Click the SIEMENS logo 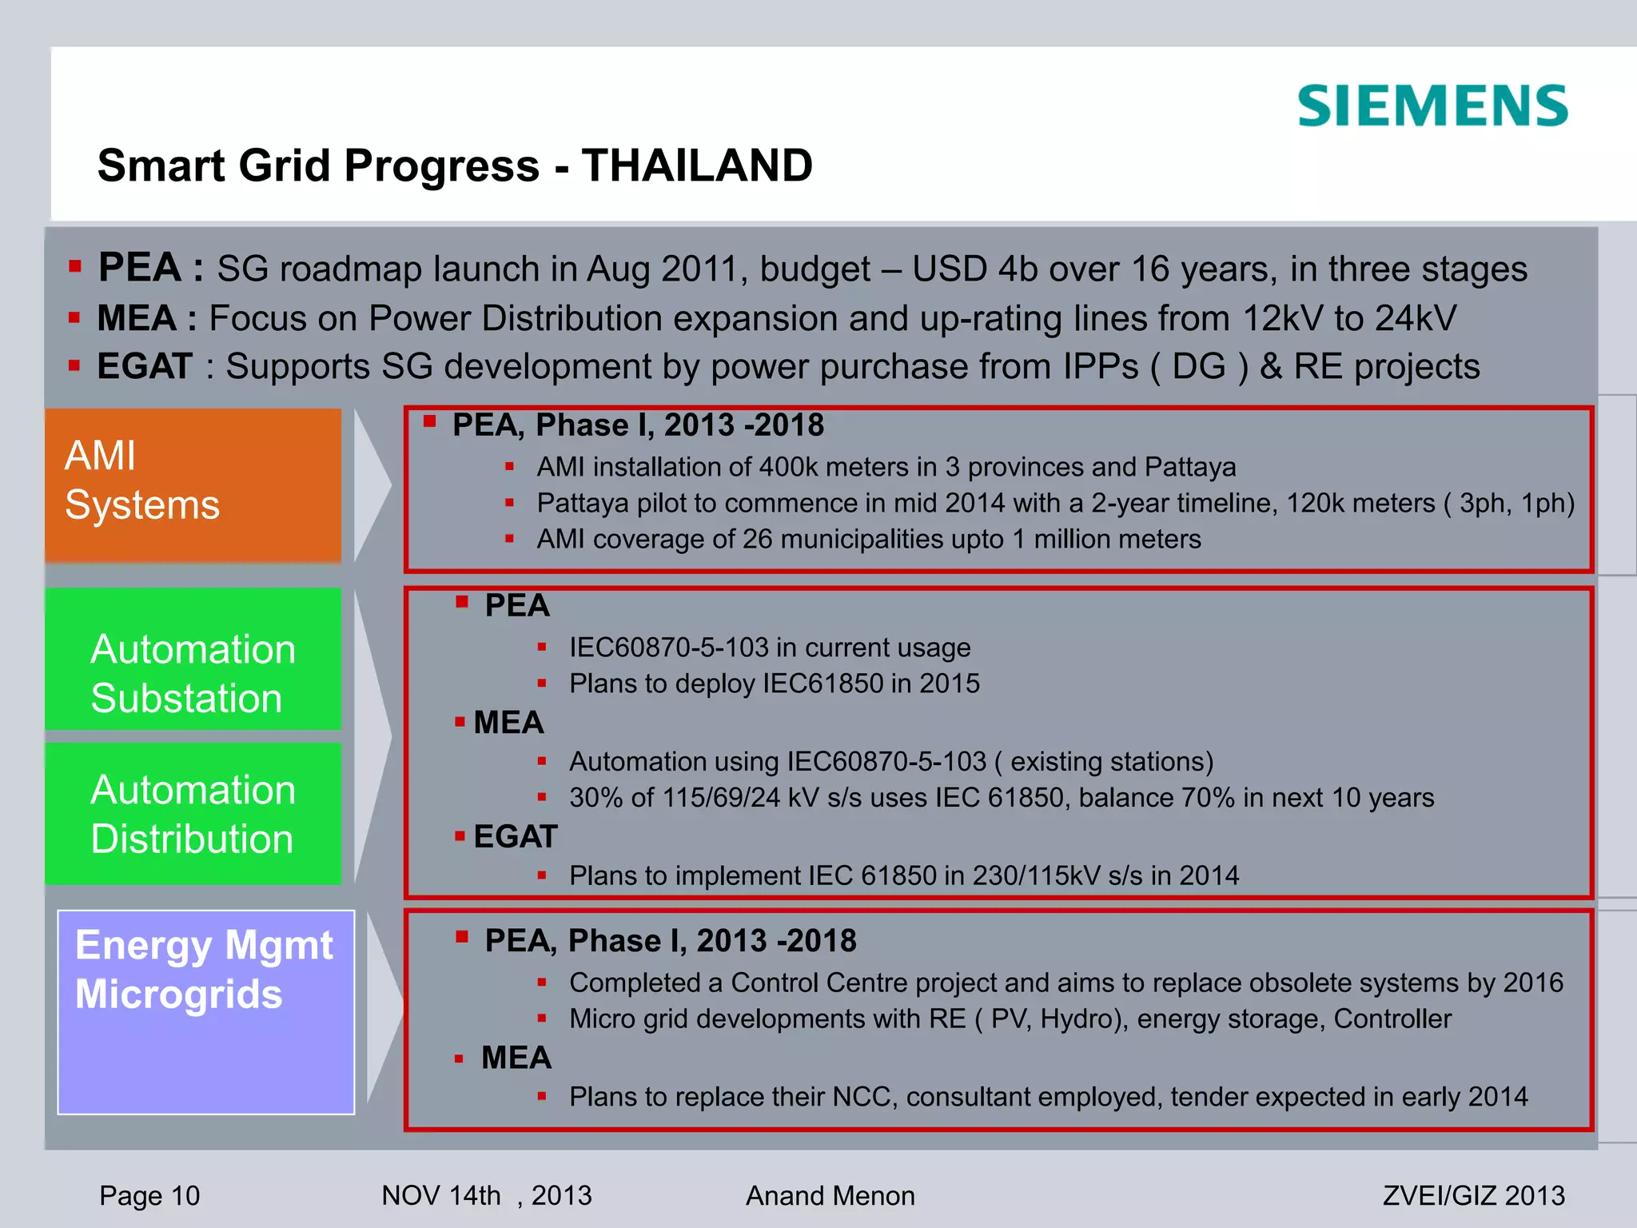(x=1432, y=106)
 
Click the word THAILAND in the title (x=697, y=165)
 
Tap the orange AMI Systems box (x=193, y=484)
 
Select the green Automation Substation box (x=193, y=660)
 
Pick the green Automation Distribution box (x=193, y=813)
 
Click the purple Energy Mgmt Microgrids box (x=205, y=1011)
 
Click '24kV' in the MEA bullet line (x=1415, y=318)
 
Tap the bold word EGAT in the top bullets (x=145, y=366)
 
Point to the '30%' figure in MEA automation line (x=595, y=798)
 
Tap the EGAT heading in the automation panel (x=515, y=837)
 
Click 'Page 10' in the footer (x=149, y=1195)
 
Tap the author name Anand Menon (x=830, y=1195)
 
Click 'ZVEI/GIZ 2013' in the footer (x=1473, y=1195)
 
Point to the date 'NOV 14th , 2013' (x=486, y=1195)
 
